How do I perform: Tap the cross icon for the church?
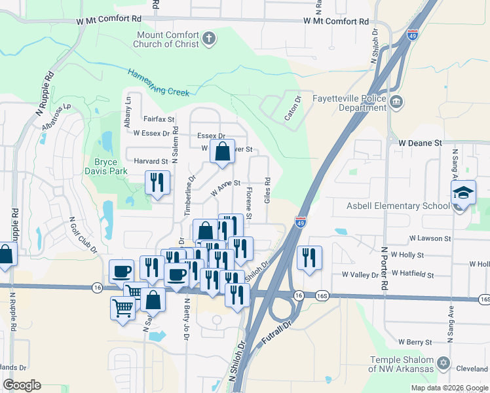(x=209, y=39)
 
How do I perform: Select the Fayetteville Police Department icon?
(x=396, y=102)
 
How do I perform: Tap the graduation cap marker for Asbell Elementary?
(x=464, y=194)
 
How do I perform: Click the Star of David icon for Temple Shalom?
(x=443, y=362)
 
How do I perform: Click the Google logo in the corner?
(x=22, y=385)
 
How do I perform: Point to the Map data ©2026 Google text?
(x=449, y=388)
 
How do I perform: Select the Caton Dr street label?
(x=292, y=109)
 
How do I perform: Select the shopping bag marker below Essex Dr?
(x=222, y=151)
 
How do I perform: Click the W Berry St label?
(x=411, y=342)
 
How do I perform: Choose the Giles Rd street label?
(x=267, y=190)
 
